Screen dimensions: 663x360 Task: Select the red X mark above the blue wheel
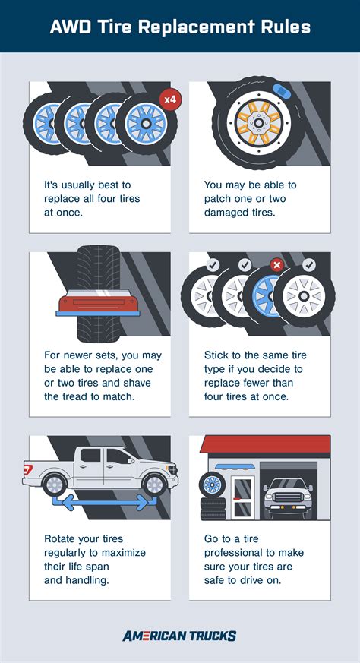point(277,266)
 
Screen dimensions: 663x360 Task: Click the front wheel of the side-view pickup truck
point(155,483)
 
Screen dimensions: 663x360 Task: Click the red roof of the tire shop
point(265,445)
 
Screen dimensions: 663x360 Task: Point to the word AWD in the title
point(72,27)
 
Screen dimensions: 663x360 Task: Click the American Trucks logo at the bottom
point(179,636)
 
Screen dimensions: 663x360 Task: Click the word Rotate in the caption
point(63,538)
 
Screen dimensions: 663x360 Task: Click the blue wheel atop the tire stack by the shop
point(212,484)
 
